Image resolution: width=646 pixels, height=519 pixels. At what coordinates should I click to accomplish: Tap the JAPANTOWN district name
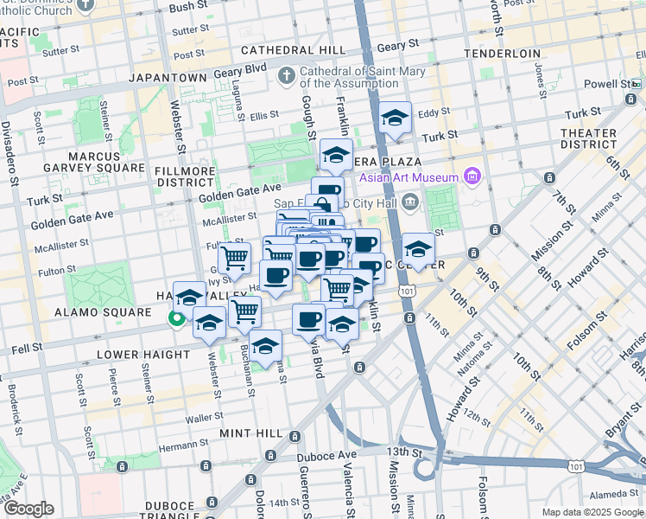pyautogui.click(x=168, y=77)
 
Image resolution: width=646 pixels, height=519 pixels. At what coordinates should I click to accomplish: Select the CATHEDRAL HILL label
pyautogui.click(x=293, y=51)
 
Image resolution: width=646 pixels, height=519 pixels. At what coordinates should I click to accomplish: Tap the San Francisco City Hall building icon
pyautogui.click(x=408, y=202)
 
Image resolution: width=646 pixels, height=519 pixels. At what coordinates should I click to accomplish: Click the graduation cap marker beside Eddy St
pyautogui.click(x=395, y=119)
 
